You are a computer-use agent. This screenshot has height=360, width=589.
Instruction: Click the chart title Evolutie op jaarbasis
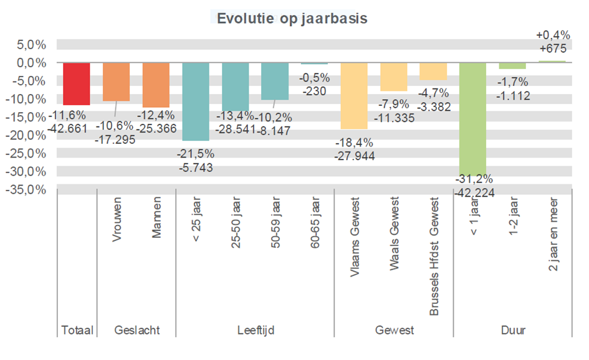(292, 18)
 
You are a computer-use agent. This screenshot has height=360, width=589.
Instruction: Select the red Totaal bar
(77, 83)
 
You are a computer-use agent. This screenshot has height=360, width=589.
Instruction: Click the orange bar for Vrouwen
(116, 82)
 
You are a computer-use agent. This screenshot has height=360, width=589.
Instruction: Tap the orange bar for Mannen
(156, 85)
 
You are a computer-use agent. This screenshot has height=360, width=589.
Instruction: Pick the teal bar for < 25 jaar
(196, 102)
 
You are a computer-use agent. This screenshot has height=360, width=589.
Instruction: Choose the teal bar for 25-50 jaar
(235, 87)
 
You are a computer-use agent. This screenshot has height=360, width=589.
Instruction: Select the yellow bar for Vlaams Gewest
(354, 96)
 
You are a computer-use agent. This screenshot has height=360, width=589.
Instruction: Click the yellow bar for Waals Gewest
(394, 77)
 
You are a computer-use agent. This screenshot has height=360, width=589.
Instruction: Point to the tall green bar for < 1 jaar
(472, 118)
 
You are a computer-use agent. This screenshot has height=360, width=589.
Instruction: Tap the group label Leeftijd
(256, 330)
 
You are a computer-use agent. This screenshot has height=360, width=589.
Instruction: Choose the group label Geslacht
(136, 330)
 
